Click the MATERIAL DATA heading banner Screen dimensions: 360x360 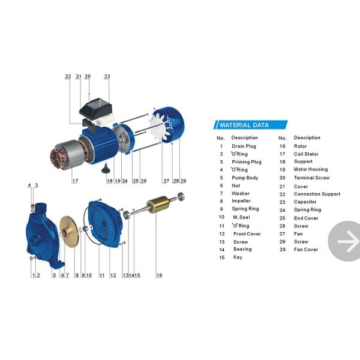[250, 125]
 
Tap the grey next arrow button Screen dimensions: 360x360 [344, 241]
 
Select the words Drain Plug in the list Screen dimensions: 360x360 [244, 146]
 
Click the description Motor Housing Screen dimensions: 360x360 [311, 169]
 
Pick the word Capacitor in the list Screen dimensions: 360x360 [305, 202]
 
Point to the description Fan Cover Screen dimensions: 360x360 [306, 250]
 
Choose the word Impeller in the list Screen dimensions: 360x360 [241, 201]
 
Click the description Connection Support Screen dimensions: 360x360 [317, 194]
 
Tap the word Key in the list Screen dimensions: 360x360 [238, 257]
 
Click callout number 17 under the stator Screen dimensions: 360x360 [75, 181]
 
